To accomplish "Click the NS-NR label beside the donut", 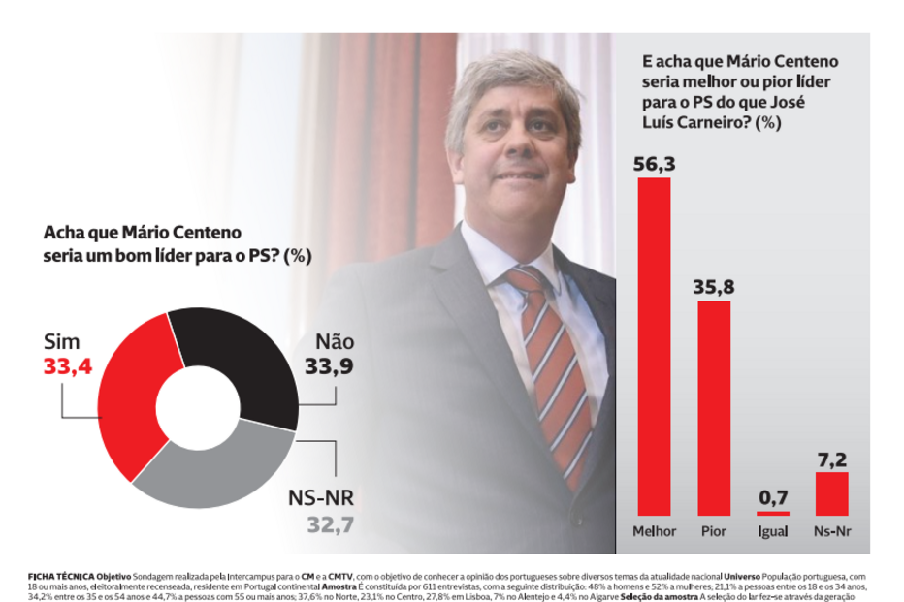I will coord(322,499).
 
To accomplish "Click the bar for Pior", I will coord(714,407).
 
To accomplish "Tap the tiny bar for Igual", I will coord(773,513).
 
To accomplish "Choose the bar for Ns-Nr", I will coord(831,493).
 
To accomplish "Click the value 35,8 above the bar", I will coord(714,287).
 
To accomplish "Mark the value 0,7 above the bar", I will coord(773,496).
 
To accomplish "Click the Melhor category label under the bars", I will coord(654,531).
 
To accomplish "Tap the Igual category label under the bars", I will coord(773,531).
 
